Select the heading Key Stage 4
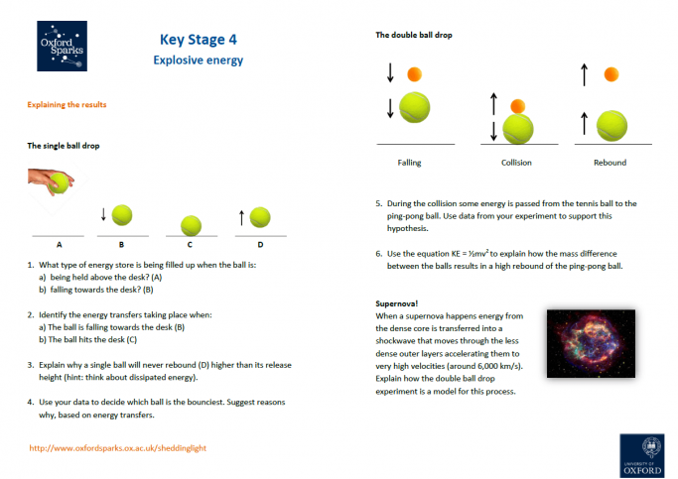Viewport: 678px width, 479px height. (198, 40)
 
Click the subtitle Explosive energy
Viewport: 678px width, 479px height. (198, 60)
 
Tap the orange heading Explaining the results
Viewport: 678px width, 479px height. (67, 104)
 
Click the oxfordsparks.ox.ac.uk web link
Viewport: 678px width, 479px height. (118, 447)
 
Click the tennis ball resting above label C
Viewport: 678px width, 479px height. (190, 225)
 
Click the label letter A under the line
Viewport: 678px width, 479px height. (59, 244)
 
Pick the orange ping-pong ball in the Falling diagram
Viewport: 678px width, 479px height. (415, 73)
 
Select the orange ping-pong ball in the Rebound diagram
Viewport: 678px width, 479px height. (612, 74)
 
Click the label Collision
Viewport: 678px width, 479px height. (516, 163)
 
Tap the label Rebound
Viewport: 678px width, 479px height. (610, 163)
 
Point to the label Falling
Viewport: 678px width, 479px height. (409, 163)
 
